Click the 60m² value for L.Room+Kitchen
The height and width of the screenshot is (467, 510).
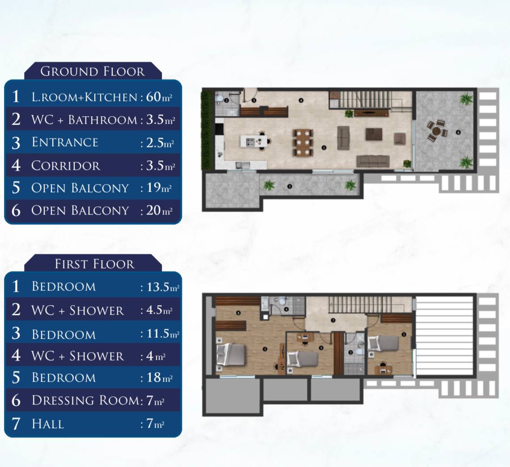[x=159, y=97]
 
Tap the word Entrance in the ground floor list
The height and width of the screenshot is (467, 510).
[x=65, y=143]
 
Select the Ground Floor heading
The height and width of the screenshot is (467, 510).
[x=93, y=72]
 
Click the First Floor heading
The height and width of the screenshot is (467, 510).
[x=94, y=264]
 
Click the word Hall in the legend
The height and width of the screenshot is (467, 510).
[x=47, y=424]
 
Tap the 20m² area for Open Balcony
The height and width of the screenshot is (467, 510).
[x=159, y=210]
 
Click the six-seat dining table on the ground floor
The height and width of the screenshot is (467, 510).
[x=303, y=143]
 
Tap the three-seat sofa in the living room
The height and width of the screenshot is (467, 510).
[x=373, y=161]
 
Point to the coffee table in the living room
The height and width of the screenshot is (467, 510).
[x=374, y=134]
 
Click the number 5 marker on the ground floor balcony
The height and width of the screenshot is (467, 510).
[x=290, y=187]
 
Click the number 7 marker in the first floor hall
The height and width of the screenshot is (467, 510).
[x=333, y=320]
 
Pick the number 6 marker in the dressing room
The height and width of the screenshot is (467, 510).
[x=238, y=313]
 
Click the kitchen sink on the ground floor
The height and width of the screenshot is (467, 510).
[x=242, y=165]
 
